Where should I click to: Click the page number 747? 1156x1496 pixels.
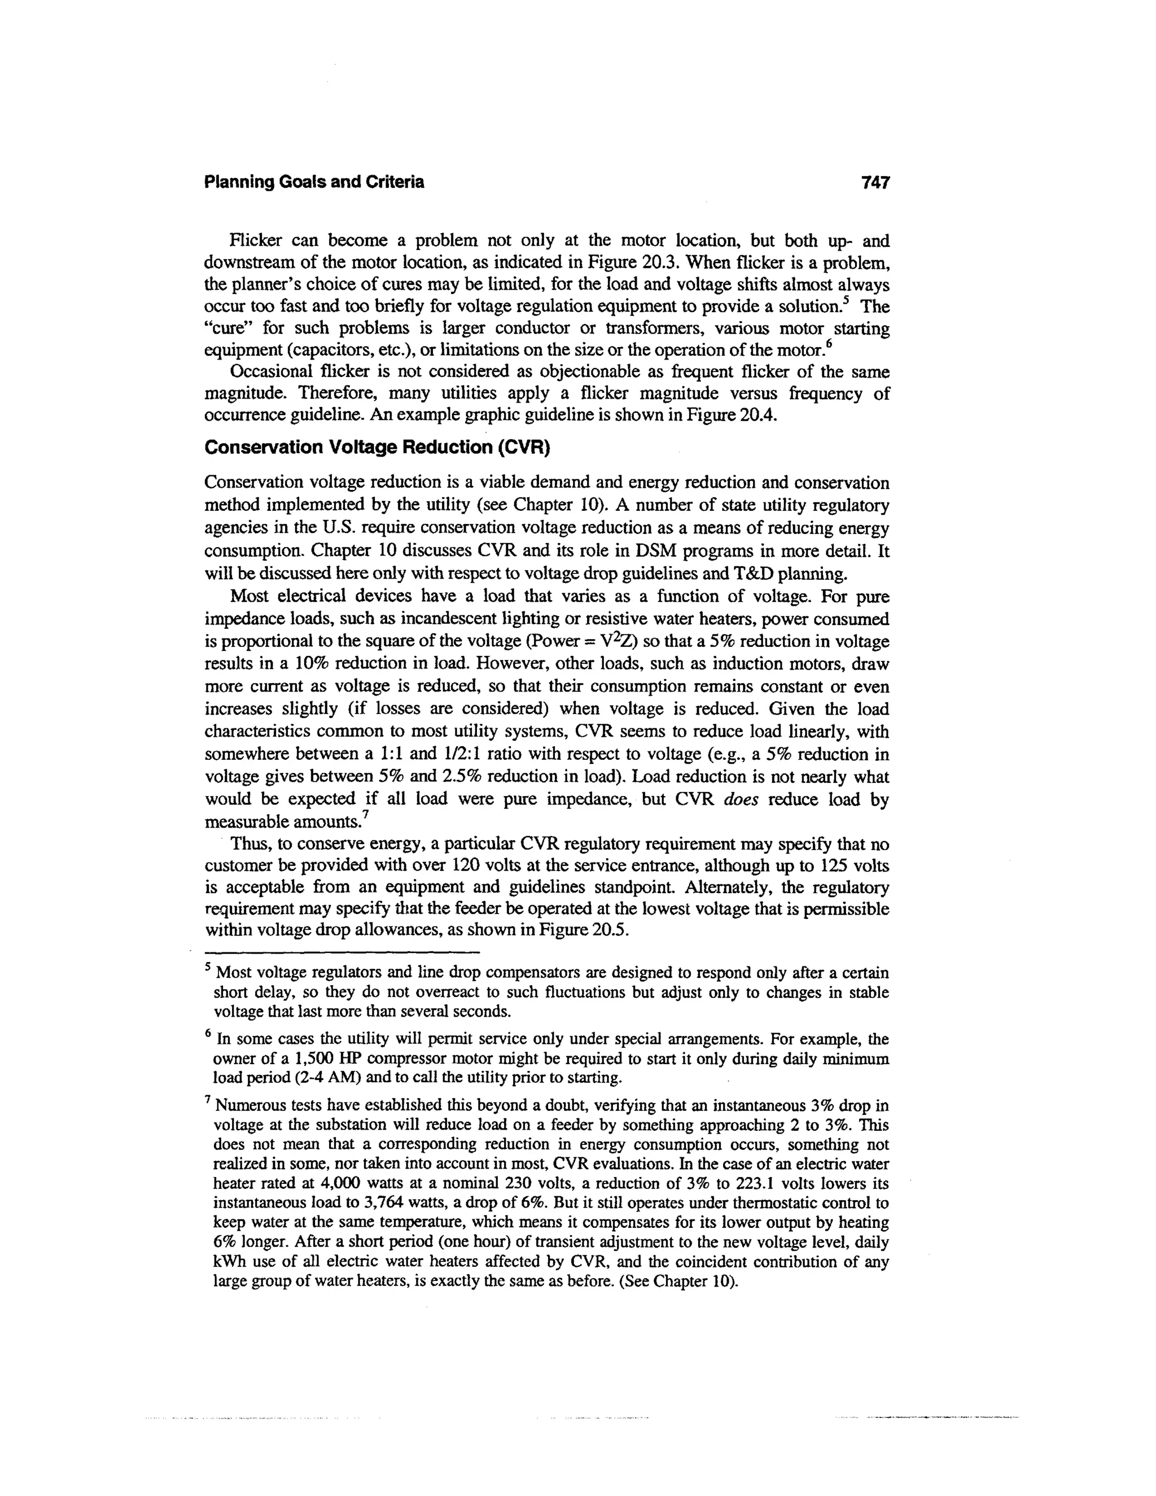(875, 182)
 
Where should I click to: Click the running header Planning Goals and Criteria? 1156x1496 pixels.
(314, 182)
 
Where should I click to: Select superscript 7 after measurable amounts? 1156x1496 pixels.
(366, 815)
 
